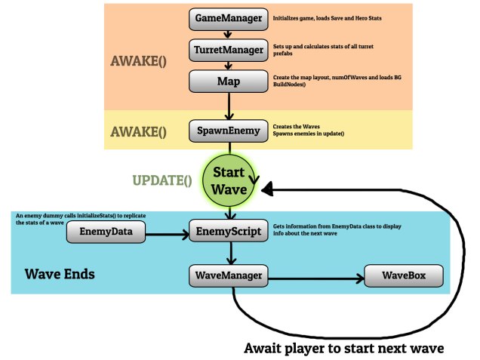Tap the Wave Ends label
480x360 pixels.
(60, 273)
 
